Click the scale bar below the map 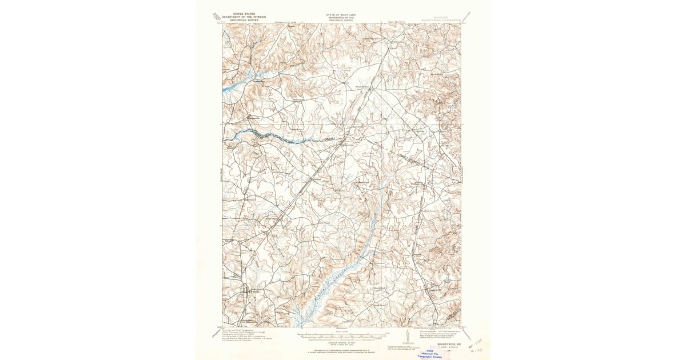[x=342, y=336]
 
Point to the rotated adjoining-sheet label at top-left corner [x=216, y=17]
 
